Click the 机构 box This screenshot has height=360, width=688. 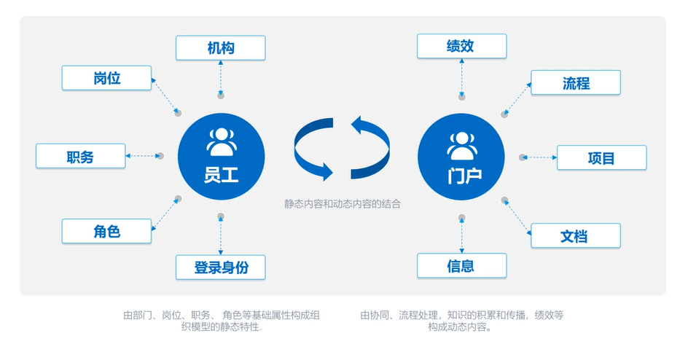coord(220,48)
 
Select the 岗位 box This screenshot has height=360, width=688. coord(106,78)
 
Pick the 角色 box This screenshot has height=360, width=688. coord(106,231)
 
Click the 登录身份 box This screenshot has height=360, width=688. coord(220,267)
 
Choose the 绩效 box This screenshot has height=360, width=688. coord(461,46)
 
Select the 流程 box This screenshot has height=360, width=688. coord(575,82)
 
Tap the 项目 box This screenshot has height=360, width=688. coord(601,157)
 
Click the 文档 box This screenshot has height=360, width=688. coord(575,235)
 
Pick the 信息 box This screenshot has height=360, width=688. coord(461,265)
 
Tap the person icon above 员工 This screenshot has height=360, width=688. coord(222,141)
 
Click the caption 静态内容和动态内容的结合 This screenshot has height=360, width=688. coord(343,204)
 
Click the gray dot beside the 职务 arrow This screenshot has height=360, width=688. coord(160,156)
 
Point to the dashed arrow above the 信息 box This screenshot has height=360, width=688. coord(462,235)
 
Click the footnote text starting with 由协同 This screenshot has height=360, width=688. coord(461,321)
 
